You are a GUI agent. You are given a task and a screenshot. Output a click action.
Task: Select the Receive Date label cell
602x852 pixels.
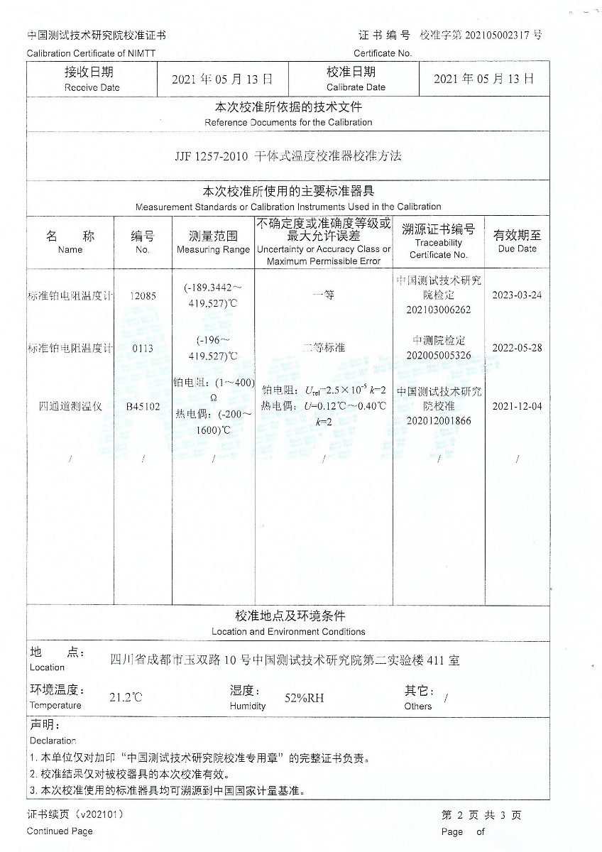[92, 79]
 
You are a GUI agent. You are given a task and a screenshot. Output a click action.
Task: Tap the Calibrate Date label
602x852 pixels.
[356, 79]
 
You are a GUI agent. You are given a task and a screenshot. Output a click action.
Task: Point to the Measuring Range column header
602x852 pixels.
[213, 242]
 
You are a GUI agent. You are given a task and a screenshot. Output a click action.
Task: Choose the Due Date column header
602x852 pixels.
[517, 242]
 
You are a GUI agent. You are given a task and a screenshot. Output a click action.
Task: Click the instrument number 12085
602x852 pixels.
[142, 295]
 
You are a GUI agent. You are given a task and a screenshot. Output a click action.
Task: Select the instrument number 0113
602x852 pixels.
[142, 348]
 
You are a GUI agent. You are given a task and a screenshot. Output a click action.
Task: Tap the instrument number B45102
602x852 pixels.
[142, 407]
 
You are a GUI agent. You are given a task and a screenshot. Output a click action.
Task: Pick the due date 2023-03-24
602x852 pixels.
[517, 295]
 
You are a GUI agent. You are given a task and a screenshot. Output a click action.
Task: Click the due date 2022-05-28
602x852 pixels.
[517, 348]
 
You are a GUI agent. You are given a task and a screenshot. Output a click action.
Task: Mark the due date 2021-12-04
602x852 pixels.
[517, 407]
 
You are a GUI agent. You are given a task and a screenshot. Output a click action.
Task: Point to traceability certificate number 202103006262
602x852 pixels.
[439, 310]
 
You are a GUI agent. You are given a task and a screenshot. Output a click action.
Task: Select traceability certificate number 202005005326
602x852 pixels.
[439, 355]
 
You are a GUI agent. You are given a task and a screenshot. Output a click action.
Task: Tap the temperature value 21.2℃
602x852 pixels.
[126, 697]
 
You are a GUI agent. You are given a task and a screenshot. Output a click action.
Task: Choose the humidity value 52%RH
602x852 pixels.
[304, 698]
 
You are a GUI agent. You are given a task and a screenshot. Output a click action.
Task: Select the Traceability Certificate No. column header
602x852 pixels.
[439, 242]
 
